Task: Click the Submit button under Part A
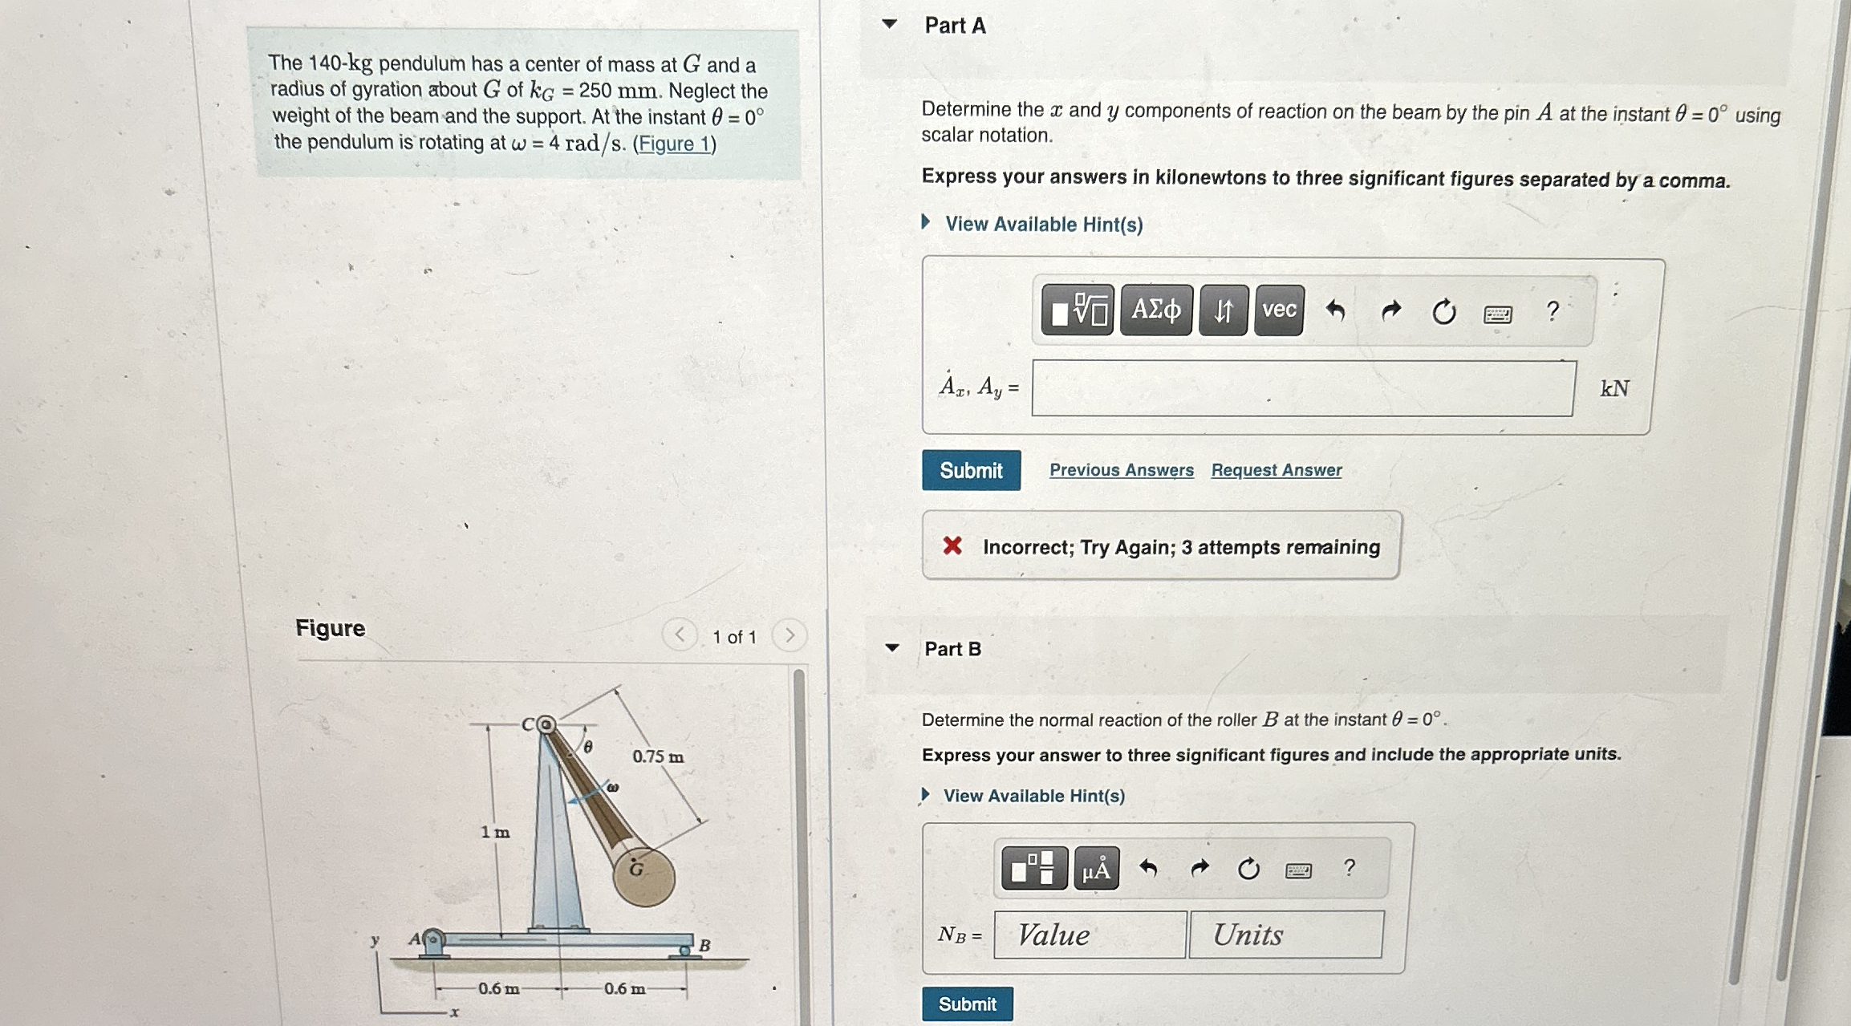971,470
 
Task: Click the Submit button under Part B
967,1004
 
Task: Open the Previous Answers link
1121,470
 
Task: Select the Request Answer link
1276,470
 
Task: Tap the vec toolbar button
1279,310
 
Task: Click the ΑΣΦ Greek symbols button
1156,310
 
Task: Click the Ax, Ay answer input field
1303,388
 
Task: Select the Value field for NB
1090,935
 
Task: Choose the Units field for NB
1285,935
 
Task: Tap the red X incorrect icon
952,546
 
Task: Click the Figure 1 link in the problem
673,144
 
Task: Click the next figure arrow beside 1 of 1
790,635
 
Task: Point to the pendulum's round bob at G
643,876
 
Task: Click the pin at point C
546,725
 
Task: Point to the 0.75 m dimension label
658,756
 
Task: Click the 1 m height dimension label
495,833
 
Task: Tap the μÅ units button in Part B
1096,869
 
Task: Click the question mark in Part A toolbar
1553,310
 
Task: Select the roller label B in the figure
704,945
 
